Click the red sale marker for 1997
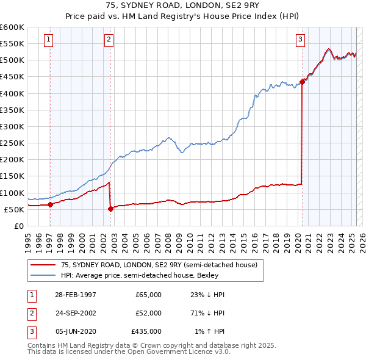click(50, 204)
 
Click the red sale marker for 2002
click(110, 209)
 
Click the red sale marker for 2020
click(303, 82)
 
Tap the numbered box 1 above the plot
click(48, 40)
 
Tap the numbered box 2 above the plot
click(109, 40)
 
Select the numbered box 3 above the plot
click(300, 40)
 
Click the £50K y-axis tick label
click(14, 209)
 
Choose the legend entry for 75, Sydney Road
click(159, 265)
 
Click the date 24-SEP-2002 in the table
click(76, 312)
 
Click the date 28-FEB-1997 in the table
click(76, 294)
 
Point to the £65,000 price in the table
click(149, 294)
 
